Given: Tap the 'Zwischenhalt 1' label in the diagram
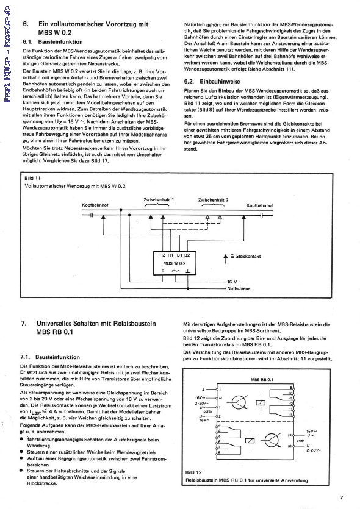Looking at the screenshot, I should [159, 199].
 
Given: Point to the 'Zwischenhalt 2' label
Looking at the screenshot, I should [214, 199].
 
